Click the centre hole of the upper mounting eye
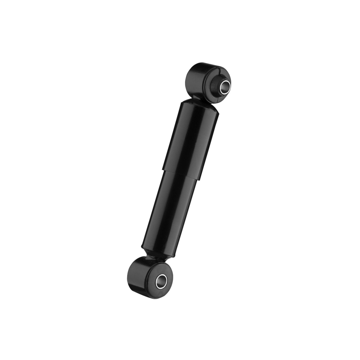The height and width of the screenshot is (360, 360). click(x=225, y=88)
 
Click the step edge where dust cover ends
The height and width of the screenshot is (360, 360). click(x=180, y=174)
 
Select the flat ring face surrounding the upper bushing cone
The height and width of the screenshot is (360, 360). click(x=211, y=90)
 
